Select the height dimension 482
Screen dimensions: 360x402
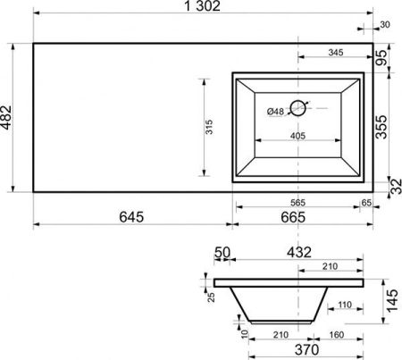(x=8, y=117)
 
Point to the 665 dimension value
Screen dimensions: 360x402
(x=302, y=216)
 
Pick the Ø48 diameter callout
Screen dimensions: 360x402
(x=275, y=112)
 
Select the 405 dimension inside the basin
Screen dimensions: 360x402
(x=297, y=135)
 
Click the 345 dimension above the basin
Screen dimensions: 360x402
(x=335, y=54)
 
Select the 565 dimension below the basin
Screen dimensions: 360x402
(x=298, y=203)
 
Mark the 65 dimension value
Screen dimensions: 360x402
(x=366, y=203)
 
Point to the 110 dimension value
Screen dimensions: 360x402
(x=342, y=306)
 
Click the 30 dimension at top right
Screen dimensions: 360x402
(x=385, y=25)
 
